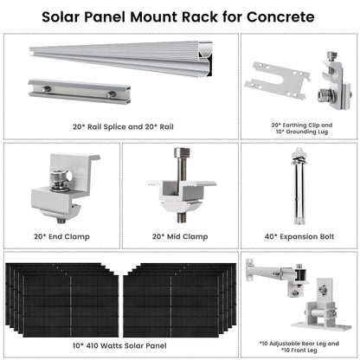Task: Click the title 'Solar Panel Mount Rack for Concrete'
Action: tap(179, 16)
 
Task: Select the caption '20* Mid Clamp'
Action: tap(179, 234)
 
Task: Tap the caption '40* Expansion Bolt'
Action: tap(299, 234)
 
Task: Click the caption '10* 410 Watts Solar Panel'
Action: tap(121, 345)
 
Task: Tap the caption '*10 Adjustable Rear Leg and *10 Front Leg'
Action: tap(299, 344)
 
